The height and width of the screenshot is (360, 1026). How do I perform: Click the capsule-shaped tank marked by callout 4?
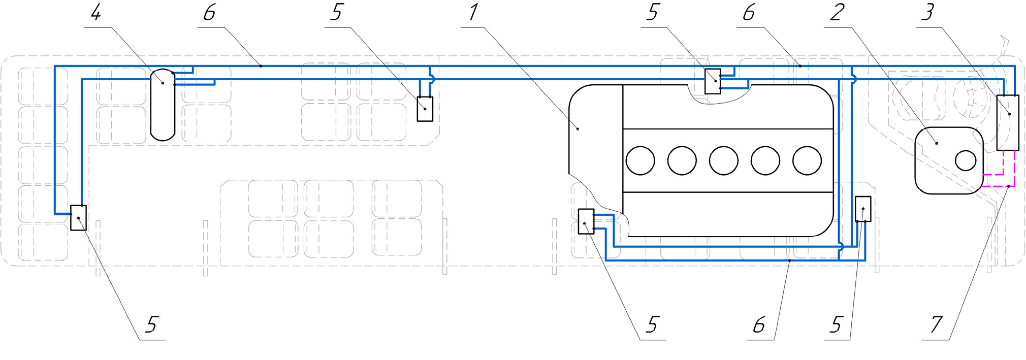click(x=163, y=105)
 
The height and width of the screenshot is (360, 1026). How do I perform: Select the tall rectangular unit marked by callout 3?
click(x=1008, y=122)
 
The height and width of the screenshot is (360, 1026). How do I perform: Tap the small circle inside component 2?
click(x=966, y=161)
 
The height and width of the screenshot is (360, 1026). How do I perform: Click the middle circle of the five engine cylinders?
click(x=724, y=160)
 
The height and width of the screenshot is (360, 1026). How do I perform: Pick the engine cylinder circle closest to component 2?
click(x=807, y=160)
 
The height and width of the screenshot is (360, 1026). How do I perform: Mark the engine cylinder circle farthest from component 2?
click(x=640, y=160)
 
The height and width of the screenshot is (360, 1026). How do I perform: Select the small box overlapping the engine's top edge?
click(x=713, y=81)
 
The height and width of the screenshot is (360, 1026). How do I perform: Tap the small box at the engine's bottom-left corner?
click(x=586, y=221)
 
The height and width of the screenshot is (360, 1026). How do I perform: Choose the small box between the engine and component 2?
click(x=863, y=209)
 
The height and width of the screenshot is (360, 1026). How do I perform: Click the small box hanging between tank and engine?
click(x=425, y=109)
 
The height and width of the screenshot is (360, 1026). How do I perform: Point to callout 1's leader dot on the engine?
click(x=578, y=129)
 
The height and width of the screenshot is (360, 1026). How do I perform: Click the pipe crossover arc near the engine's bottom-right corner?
click(x=841, y=246)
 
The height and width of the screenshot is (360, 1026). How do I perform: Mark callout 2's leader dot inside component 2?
click(x=937, y=143)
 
